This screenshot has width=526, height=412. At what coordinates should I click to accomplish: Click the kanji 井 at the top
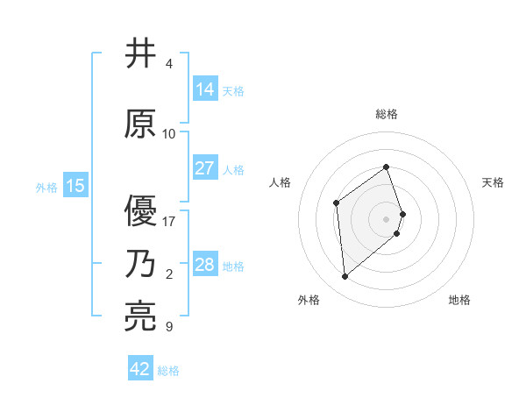click(141, 54)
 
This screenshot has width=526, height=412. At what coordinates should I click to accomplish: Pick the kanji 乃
click(141, 264)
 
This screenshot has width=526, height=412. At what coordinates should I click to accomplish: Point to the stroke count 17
click(169, 221)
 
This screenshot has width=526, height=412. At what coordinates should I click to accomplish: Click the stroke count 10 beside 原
click(169, 134)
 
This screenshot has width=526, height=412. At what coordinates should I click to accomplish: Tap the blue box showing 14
click(205, 89)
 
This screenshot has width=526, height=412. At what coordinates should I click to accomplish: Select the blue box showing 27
click(205, 168)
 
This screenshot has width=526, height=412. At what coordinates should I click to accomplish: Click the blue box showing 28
click(205, 265)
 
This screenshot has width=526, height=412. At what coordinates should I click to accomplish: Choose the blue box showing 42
click(140, 369)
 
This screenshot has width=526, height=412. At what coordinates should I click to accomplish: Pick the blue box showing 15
click(75, 186)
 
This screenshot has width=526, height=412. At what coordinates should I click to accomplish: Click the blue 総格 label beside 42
click(168, 371)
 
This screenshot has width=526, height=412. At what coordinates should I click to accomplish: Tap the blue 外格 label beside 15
click(46, 187)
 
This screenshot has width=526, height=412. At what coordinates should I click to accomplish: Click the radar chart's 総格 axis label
click(387, 114)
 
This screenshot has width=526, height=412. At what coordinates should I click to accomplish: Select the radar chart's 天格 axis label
click(493, 182)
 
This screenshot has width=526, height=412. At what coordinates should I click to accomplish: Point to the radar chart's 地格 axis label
click(459, 300)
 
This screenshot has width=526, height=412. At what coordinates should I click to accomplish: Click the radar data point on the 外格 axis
click(345, 277)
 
